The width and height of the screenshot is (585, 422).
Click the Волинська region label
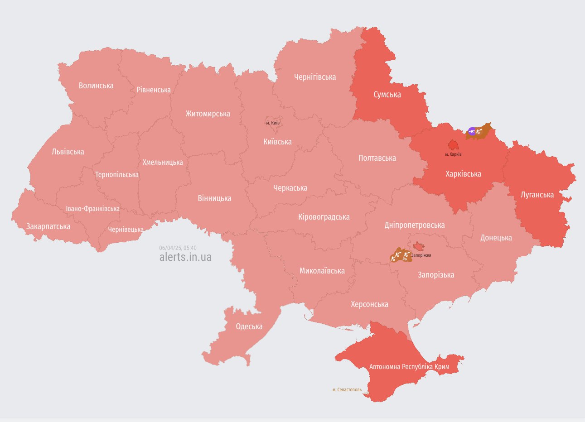pyautogui.click(x=96, y=86)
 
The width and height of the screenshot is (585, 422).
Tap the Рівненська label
pyautogui.click(x=154, y=90)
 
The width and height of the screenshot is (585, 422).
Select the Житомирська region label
pyautogui.click(x=208, y=114)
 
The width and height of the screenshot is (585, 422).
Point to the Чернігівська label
pyautogui.click(x=315, y=77)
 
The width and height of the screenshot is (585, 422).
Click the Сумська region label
pyautogui.click(x=387, y=95)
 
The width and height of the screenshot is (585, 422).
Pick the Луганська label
pyautogui.click(x=537, y=195)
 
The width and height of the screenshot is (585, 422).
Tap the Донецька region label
pyautogui.click(x=496, y=238)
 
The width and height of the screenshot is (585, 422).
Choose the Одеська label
pyautogui.click(x=249, y=326)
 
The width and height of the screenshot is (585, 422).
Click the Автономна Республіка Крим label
pyautogui.click(x=409, y=366)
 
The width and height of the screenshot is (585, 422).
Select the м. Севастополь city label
pyautogui.click(x=347, y=389)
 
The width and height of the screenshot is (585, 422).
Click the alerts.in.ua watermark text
pyautogui.click(x=185, y=257)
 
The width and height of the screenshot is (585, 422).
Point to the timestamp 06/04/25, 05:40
pyautogui.click(x=178, y=248)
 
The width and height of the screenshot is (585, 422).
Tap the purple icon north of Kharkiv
pyautogui.click(x=472, y=132)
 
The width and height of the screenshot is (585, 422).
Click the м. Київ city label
pyautogui.click(x=272, y=123)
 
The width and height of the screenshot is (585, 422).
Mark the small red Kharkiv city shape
pyautogui.click(x=453, y=145)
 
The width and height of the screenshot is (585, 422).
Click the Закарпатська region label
pyautogui.click(x=48, y=226)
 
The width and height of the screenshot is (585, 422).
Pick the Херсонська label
pyautogui.click(x=369, y=304)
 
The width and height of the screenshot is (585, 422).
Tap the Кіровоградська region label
pyautogui.click(x=324, y=217)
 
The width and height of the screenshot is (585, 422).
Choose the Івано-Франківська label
pyautogui.click(x=92, y=209)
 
